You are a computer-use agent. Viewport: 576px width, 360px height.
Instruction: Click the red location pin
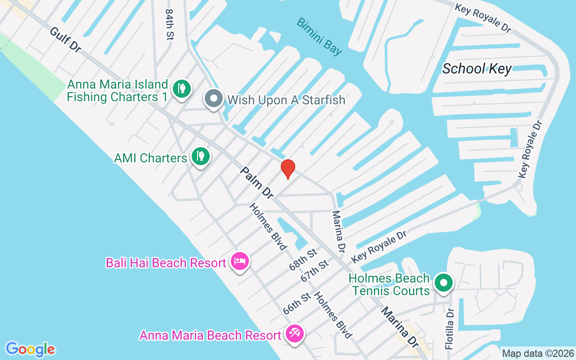pos(288,169)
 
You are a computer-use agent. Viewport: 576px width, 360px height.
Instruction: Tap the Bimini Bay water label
pos(319,36)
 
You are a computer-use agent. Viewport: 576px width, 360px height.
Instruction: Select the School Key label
pos(477,69)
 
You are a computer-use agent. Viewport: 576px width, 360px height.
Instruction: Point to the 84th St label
pos(169,25)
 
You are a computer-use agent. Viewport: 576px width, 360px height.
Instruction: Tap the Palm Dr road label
pos(256,183)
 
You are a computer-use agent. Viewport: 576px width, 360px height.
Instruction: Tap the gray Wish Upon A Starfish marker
pos(214,98)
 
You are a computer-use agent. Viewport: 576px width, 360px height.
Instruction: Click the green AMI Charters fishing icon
pos(200,156)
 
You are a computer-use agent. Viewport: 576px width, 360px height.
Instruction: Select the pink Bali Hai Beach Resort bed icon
pos(240,261)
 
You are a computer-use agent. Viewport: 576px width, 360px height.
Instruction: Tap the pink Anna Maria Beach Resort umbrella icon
pos(295,334)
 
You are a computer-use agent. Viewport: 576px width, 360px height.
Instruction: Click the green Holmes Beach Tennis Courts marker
pos(444,283)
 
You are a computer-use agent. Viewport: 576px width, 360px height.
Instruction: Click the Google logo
pos(30,349)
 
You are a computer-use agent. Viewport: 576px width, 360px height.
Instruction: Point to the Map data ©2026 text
pos(538,353)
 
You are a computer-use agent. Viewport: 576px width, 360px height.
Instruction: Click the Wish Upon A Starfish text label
pos(286,100)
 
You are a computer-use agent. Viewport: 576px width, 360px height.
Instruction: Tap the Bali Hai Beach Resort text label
pos(166,263)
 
